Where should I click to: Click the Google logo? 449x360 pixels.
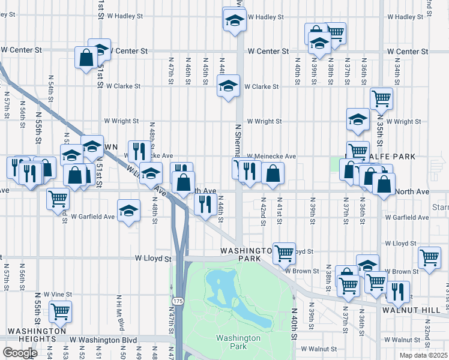pyautogui.click(x=20, y=353)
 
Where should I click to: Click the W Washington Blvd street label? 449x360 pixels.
pyautogui.click(x=103, y=340)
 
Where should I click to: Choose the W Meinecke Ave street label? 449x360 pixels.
pyautogui.click(x=271, y=156)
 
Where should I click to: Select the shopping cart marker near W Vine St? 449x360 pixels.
pyautogui.click(x=60, y=311)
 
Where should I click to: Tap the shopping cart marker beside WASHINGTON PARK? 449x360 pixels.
pyautogui.click(x=284, y=252)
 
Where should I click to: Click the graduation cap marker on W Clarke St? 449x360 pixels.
pyautogui.click(x=228, y=86)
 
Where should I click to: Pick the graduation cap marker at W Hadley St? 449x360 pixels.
pyautogui.click(x=234, y=19)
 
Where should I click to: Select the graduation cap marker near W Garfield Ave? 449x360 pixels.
pyautogui.click(x=128, y=211)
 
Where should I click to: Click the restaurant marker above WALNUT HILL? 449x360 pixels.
pyautogui.click(x=397, y=292)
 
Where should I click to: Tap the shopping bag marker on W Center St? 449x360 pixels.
pyautogui.click(x=86, y=58)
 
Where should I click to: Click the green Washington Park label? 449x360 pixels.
pyautogui.click(x=238, y=342)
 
